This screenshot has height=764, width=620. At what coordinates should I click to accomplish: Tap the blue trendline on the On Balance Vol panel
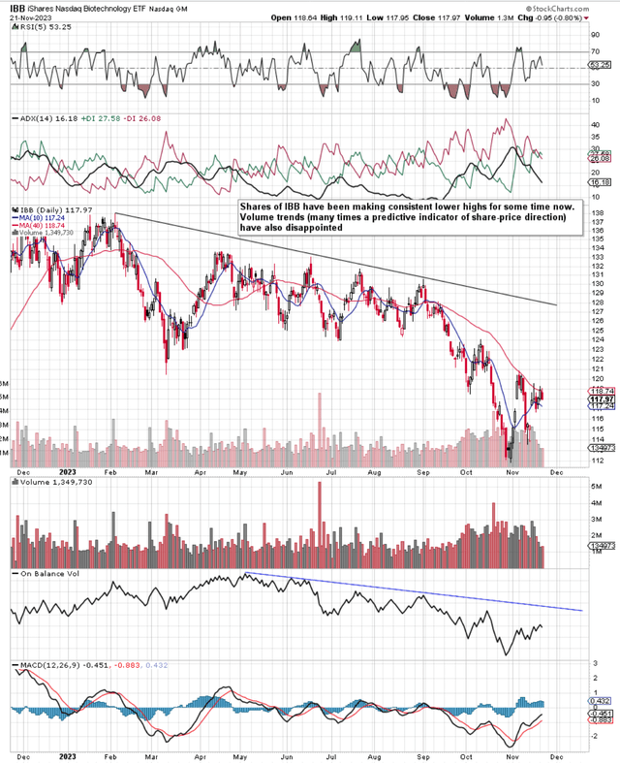pyautogui.click(x=436, y=591)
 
